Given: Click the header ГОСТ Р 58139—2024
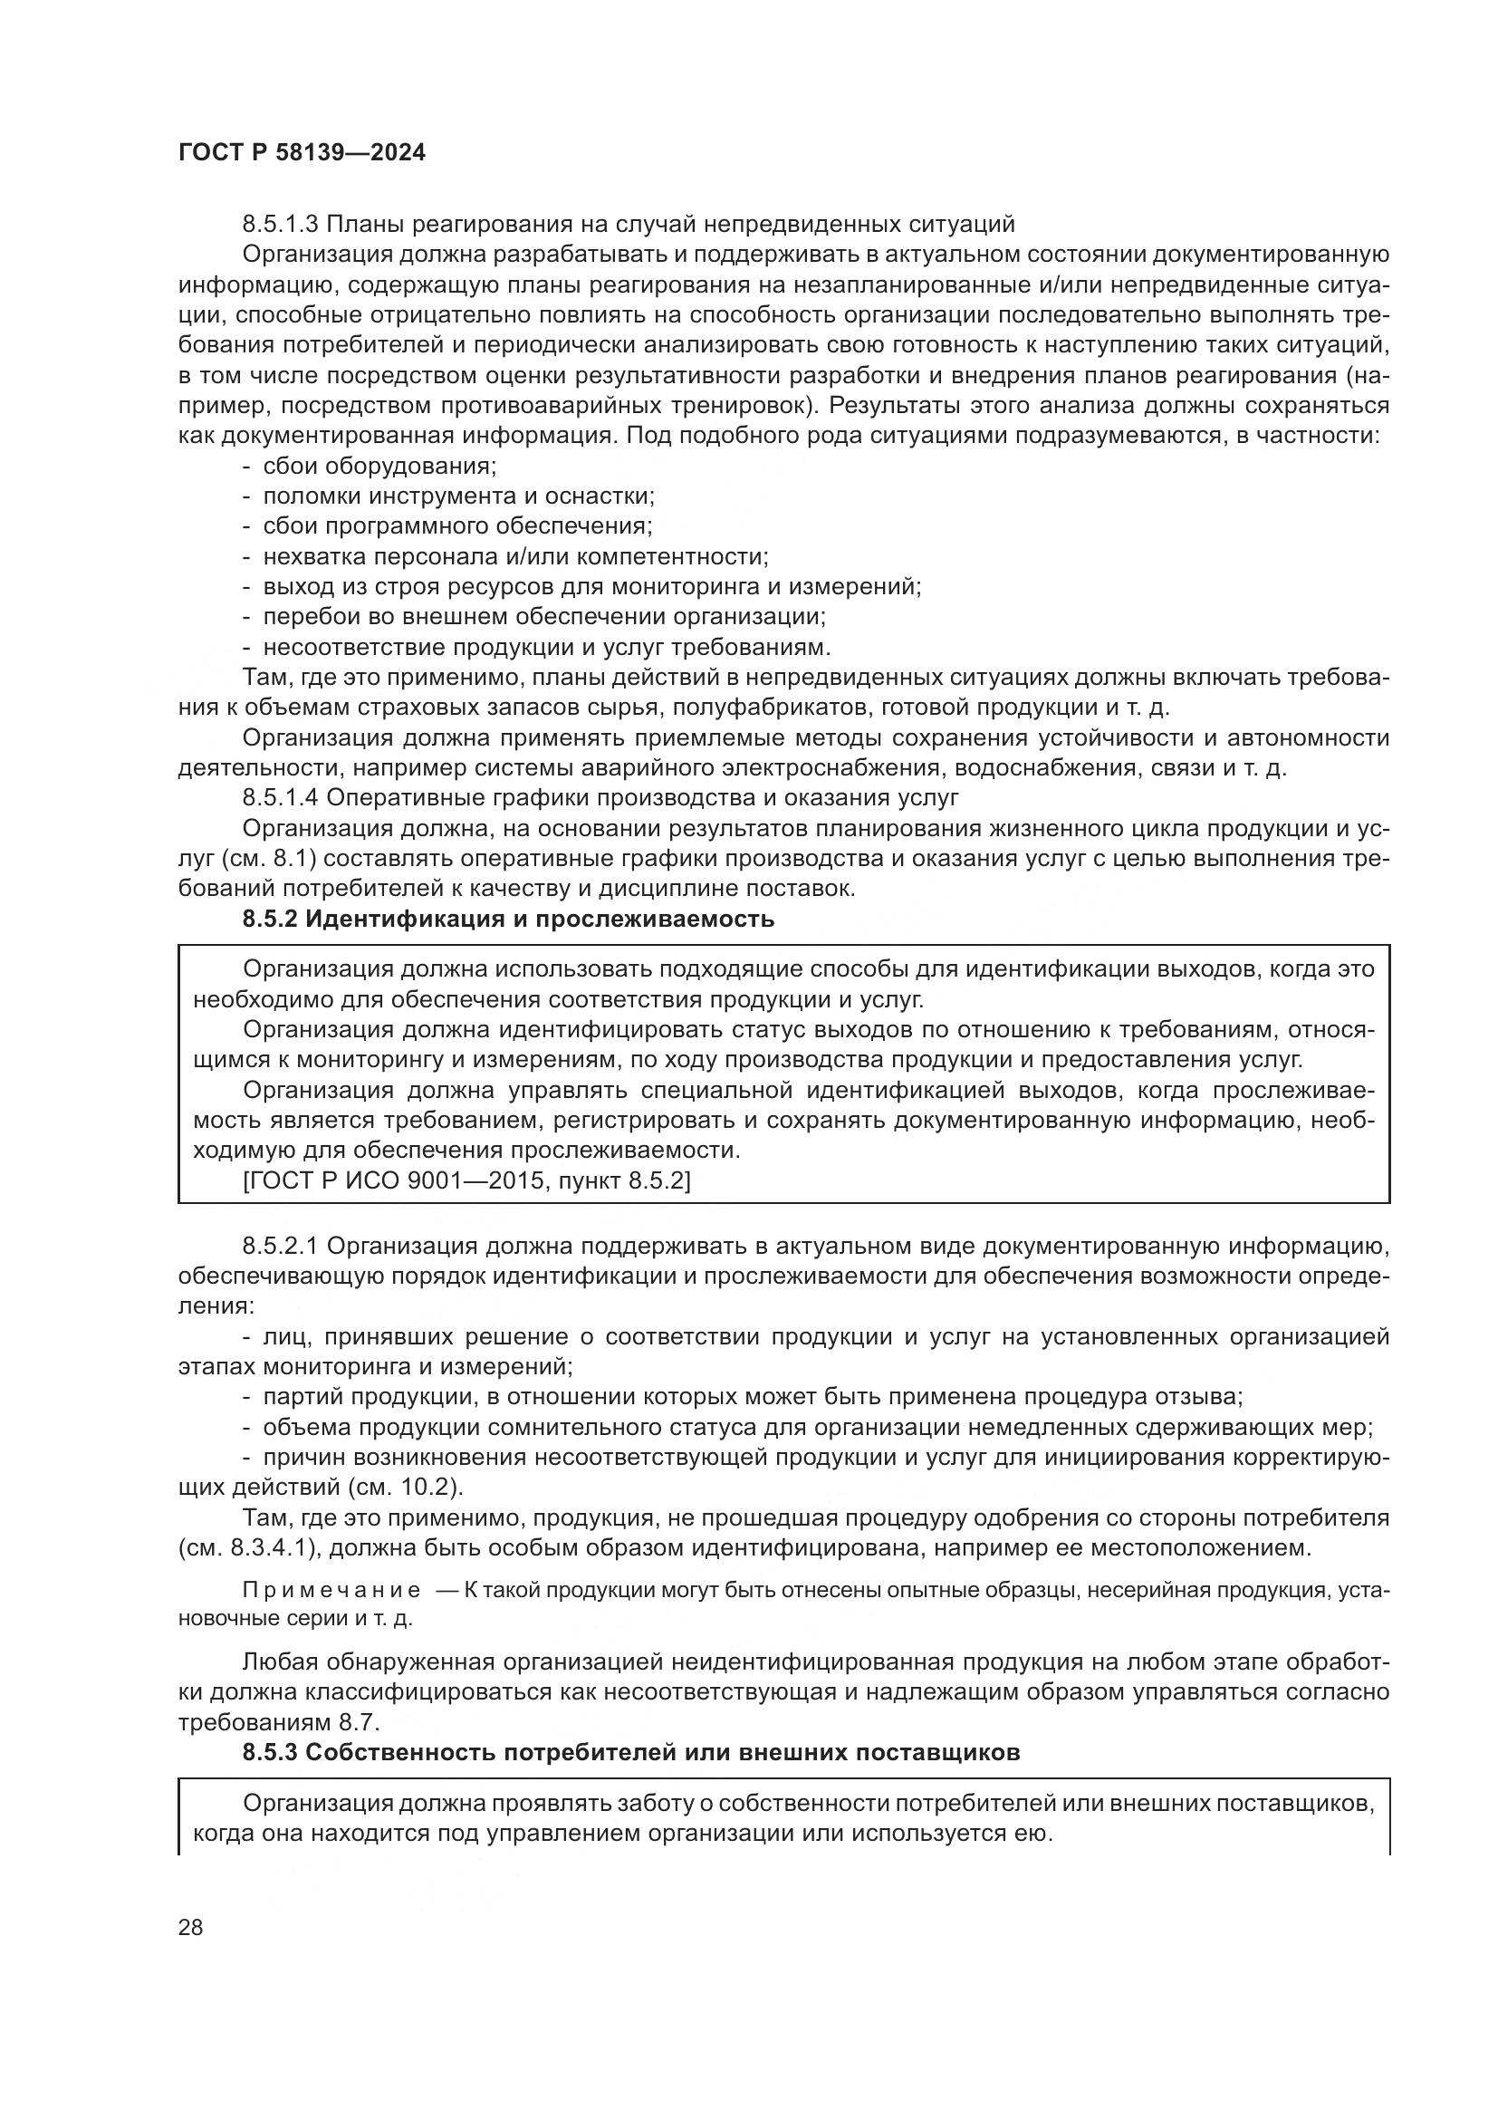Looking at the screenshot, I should tap(302, 153).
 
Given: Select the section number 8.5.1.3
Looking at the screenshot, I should tap(280, 225).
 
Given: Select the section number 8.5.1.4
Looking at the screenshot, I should tap(280, 797).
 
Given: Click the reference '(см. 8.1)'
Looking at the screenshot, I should tap(269, 859).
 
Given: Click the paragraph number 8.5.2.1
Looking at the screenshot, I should tap(280, 1247).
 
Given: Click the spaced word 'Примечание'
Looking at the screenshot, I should tap(331, 1591).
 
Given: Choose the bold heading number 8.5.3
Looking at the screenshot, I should tap(268, 1753).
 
